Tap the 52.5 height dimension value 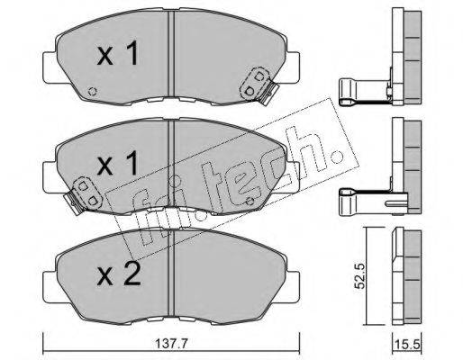click(x=359, y=276)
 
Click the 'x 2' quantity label click(x=119, y=274)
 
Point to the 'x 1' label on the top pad click(x=117, y=53)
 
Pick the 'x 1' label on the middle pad click(x=117, y=163)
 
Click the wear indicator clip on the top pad click(x=259, y=85)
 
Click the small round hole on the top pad click(x=92, y=91)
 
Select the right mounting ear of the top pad click(x=292, y=67)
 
